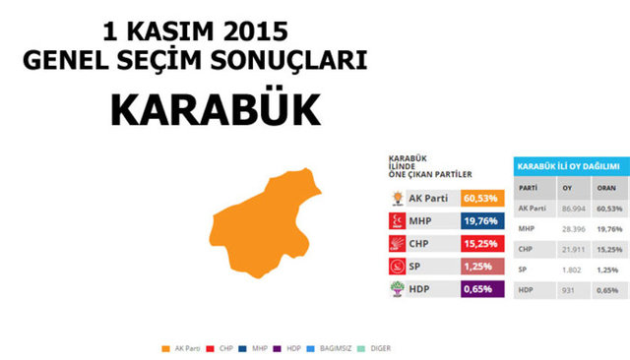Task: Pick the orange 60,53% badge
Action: (x=482, y=198)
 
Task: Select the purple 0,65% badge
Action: (x=482, y=290)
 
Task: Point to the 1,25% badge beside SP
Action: (x=482, y=267)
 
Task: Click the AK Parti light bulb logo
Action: (x=398, y=198)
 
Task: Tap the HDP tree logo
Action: (x=398, y=290)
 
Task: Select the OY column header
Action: (x=567, y=187)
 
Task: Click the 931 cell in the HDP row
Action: (x=568, y=290)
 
